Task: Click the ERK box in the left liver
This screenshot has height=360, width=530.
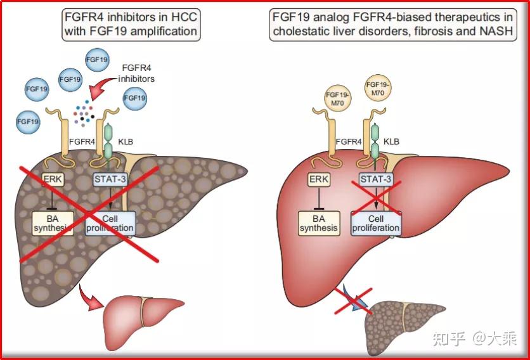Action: click(53, 179)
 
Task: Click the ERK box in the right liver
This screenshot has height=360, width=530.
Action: click(319, 179)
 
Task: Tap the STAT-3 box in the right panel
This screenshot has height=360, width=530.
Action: click(376, 179)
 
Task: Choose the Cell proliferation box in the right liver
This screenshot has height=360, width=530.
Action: click(377, 223)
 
